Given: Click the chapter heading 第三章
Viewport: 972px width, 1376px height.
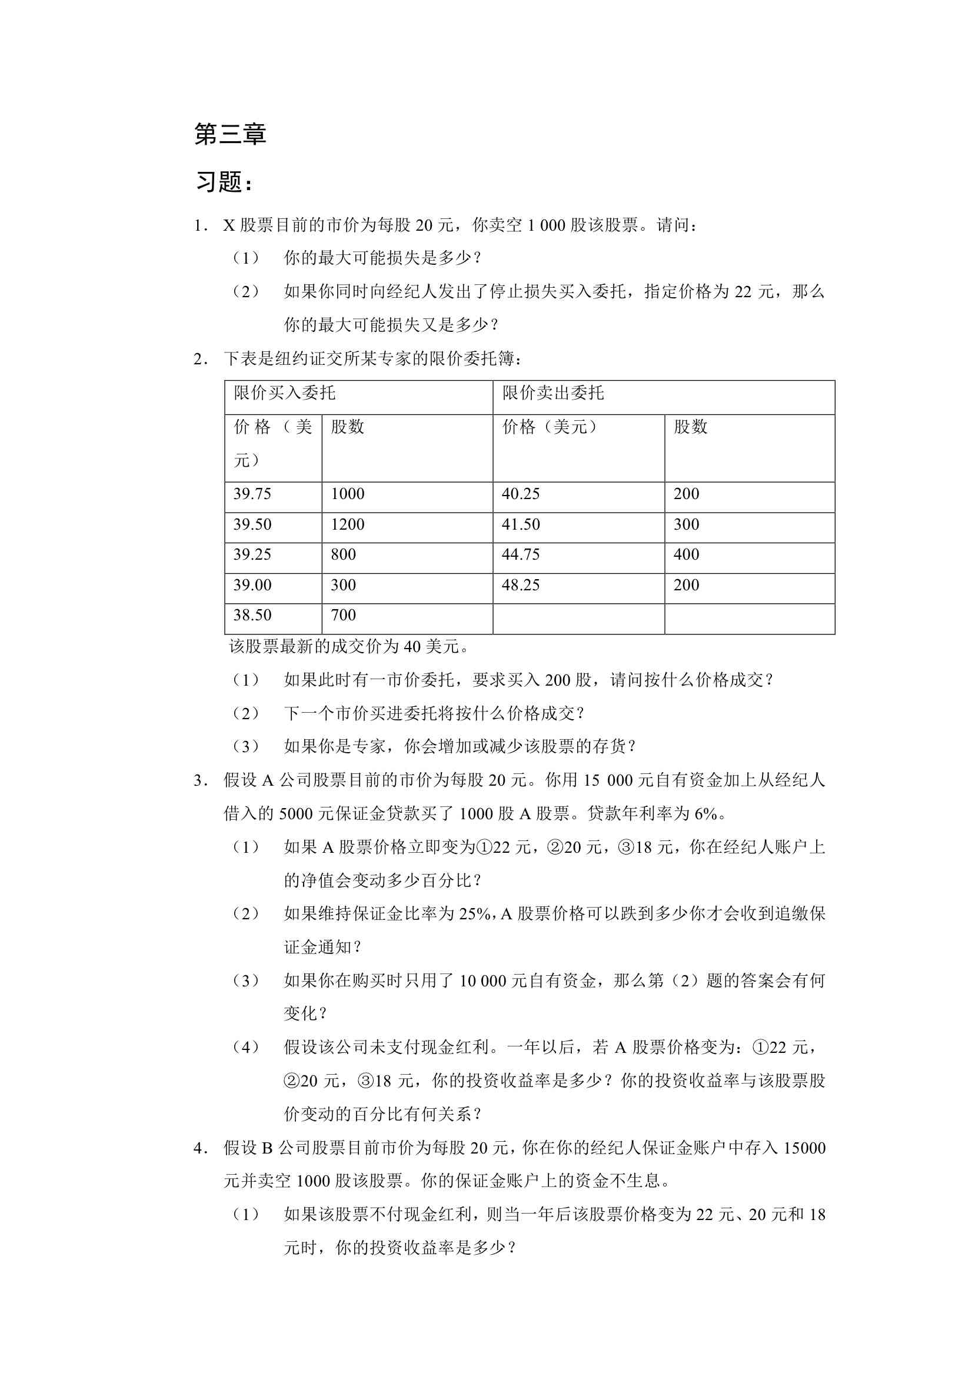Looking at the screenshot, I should tap(230, 134).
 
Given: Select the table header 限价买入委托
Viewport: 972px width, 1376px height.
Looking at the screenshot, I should tap(285, 393).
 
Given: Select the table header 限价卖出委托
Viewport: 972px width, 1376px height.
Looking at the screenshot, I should tap(553, 393).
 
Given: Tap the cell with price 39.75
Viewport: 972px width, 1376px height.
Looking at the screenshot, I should tap(252, 494).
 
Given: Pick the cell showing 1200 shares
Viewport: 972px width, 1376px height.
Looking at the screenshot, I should tap(348, 524).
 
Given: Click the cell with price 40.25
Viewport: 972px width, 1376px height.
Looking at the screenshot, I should tap(521, 494).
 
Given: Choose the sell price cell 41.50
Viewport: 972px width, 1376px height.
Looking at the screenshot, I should tap(521, 524).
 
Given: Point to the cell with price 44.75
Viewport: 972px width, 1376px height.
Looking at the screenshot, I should tap(521, 554).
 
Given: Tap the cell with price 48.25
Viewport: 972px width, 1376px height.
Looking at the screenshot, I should tap(521, 585).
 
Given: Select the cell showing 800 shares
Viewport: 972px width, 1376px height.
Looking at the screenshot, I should tap(344, 554).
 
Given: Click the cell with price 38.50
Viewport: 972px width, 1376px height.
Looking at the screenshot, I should tap(252, 615).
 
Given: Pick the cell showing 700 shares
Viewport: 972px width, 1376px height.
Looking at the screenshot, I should tap(344, 615).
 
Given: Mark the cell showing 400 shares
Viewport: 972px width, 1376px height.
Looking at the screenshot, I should tap(686, 554).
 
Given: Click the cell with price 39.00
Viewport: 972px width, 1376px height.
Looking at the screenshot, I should tap(252, 585).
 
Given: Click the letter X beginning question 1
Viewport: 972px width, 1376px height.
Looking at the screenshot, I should tap(229, 226).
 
